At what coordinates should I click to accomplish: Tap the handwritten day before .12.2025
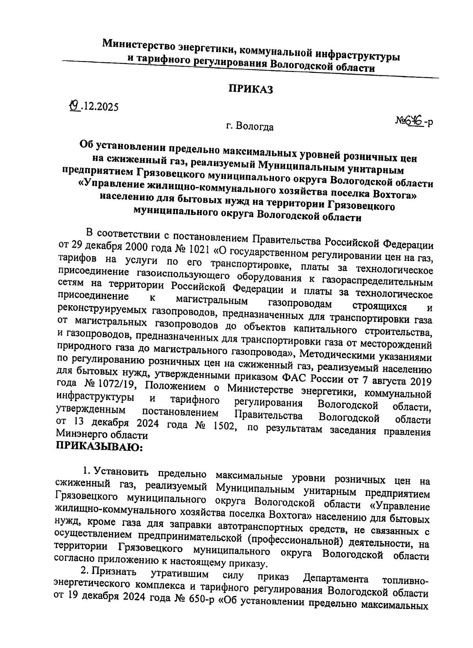(x=74, y=105)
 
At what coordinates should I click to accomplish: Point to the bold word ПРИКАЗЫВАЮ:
(x=99, y=447)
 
